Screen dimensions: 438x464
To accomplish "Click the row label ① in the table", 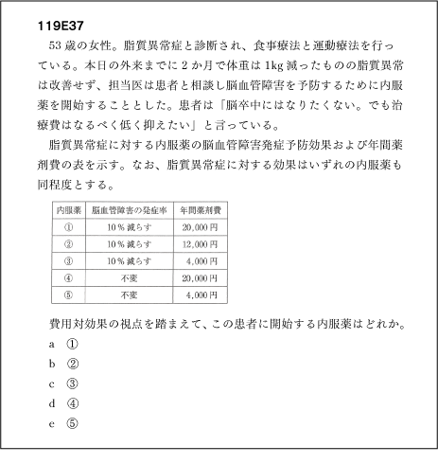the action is [x=68, y=228].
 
